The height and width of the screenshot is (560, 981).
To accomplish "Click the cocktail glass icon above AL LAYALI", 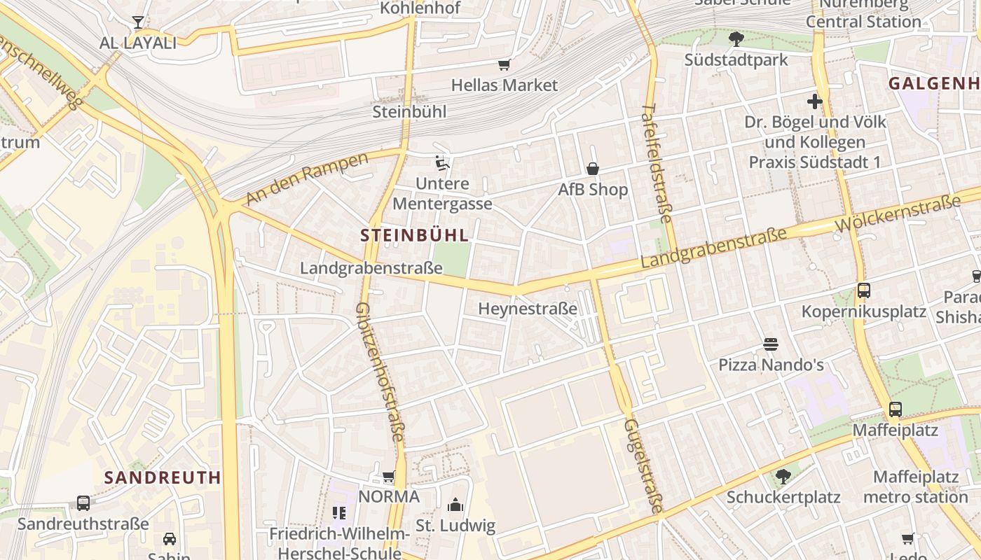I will (x=138, y=22).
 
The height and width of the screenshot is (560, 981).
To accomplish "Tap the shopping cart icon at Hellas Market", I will (x=504, y=65).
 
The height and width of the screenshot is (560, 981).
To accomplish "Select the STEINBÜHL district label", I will (x=414, y=235).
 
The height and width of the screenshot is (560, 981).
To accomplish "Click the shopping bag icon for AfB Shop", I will (x=593, y=169).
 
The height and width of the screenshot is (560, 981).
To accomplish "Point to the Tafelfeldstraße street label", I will (x=657, y=167).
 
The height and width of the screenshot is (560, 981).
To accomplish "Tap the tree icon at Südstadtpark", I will (x=736, y=39).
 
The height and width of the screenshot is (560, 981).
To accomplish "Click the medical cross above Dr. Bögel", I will (x=814, y=101).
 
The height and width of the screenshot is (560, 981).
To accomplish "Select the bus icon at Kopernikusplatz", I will (x=863, y=290).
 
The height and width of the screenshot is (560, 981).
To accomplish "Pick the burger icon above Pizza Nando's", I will (x=771, y=344).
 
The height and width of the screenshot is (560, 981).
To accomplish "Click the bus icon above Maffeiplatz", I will (x=895, y=409).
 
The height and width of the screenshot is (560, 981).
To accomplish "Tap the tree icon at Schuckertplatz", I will (x=783, y=477).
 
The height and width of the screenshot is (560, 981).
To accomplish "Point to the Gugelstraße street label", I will (x=643, y=465).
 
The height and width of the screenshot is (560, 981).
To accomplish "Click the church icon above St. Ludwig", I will (x=455, y=505).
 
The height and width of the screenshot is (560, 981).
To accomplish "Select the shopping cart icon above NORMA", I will (x=389, y=477).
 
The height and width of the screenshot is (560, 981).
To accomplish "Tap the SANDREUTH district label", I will (x=163, y=477).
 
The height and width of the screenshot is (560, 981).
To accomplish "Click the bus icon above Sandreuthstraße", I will (x=83, y=503).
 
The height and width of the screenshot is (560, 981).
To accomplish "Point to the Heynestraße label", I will (x=528, y=309).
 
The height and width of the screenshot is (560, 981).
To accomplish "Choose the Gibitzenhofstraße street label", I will (x=379, y=372).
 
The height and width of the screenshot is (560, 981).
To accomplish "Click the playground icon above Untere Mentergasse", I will (x=441, y=163).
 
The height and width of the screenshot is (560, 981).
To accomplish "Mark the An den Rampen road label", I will (x=308, y=178).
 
